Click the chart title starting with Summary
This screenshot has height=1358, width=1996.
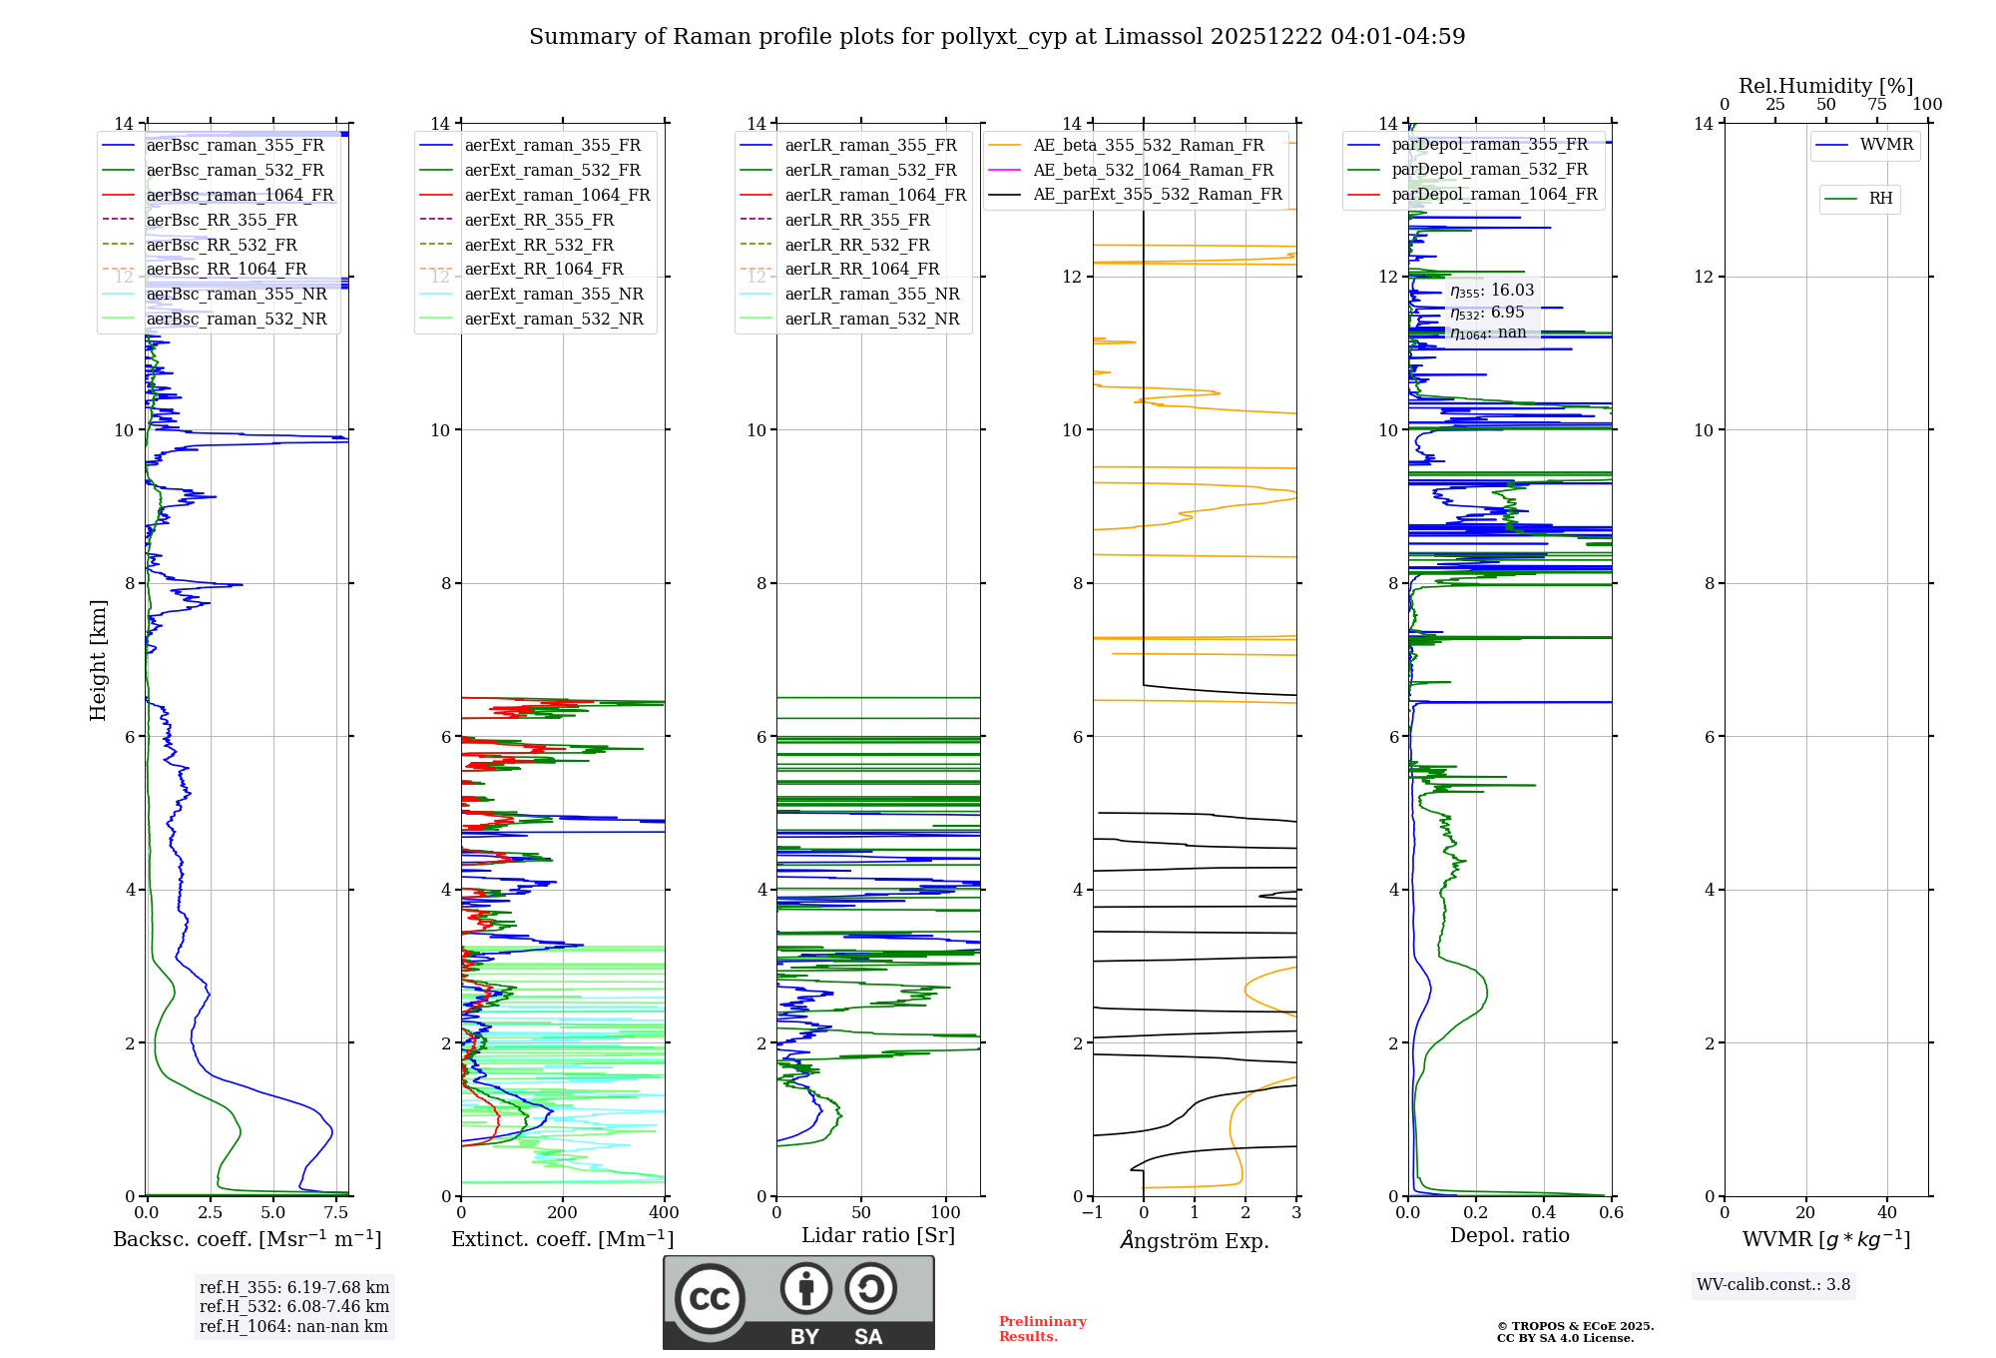(997, 37)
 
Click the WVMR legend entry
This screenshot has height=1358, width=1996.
(1864, 145)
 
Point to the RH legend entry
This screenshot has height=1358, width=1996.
(1858, 199)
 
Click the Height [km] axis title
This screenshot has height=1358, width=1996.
(98, 660)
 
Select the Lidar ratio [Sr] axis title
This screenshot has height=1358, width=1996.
(878, 1235)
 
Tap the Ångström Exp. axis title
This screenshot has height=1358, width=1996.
(1195, 1240)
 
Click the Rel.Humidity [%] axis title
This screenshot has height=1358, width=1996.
(1826, 86)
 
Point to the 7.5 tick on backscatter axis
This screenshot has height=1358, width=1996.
(336, 1213)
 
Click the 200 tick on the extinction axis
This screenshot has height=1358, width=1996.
(563, 1213)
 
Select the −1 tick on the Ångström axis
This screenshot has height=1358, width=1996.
(1092, 1213)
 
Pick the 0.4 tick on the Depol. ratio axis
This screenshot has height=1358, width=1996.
(1544, 1213)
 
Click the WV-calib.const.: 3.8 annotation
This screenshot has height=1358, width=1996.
(1773, 1285)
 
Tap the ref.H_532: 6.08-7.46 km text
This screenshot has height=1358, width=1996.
(294, 1306)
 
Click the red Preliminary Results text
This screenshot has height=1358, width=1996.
(1043, 1329)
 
